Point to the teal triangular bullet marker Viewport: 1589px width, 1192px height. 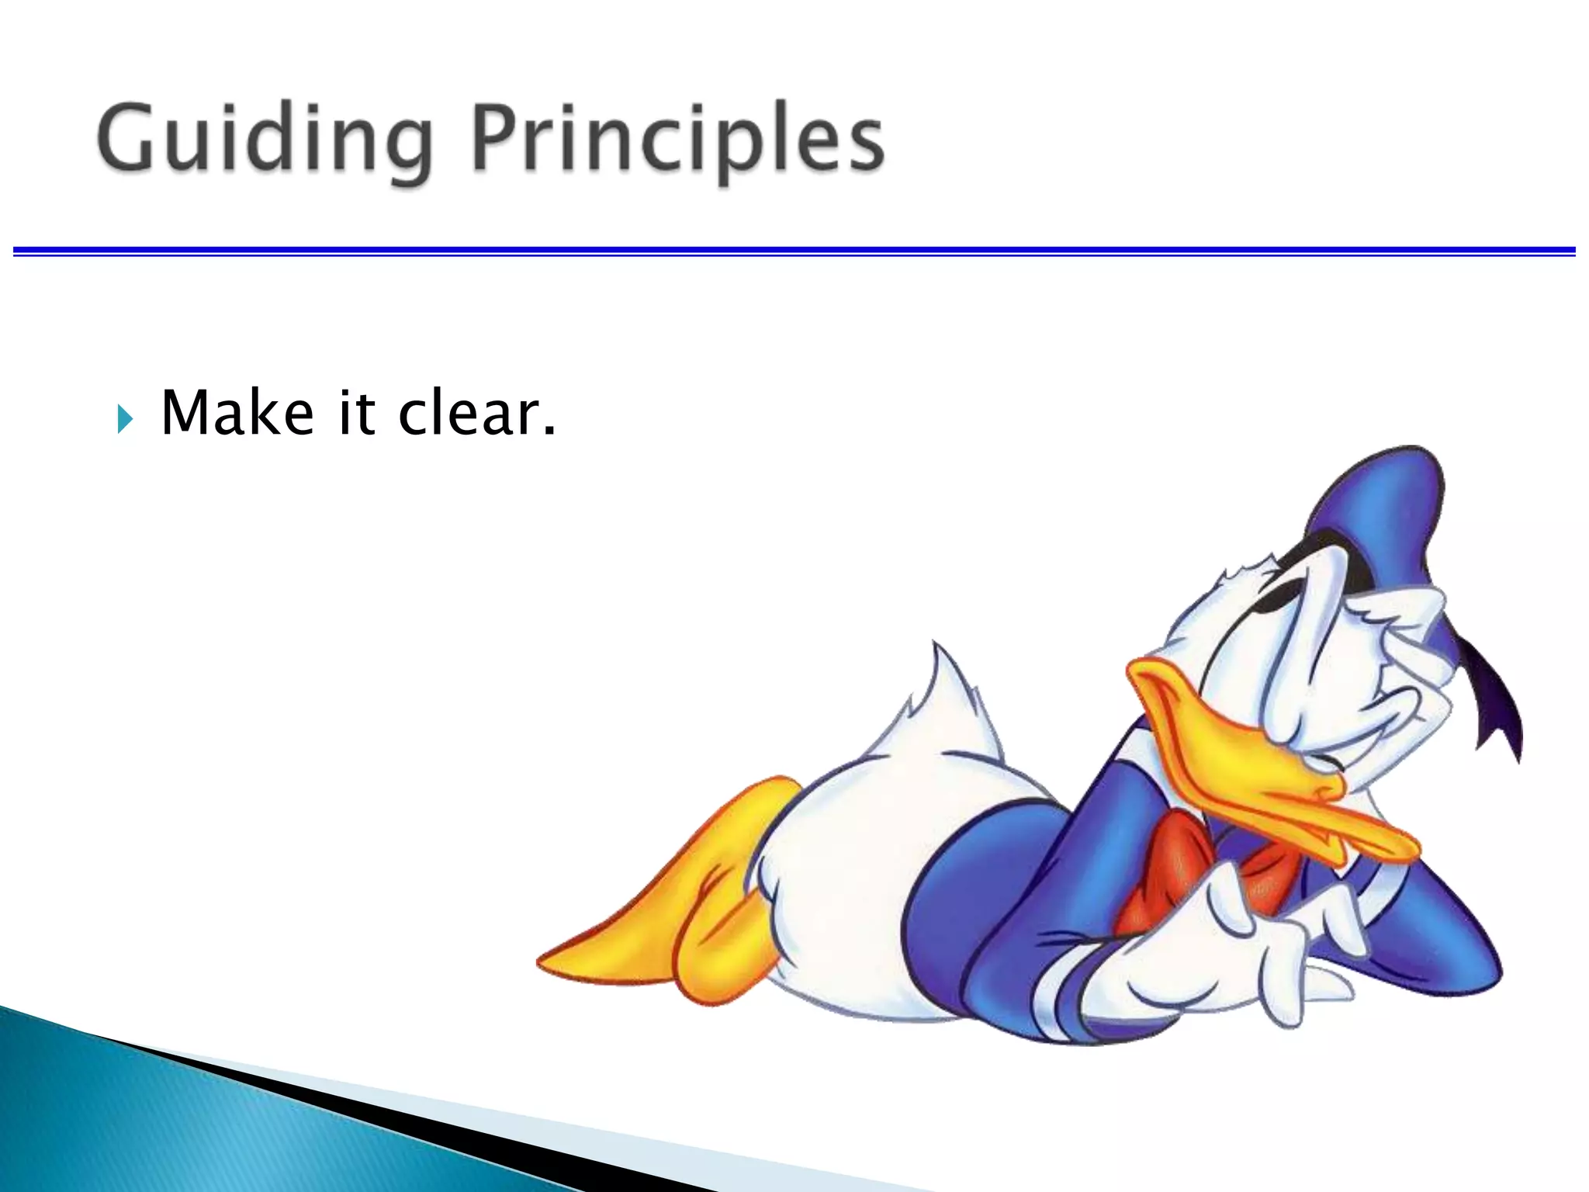coord(125,419)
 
